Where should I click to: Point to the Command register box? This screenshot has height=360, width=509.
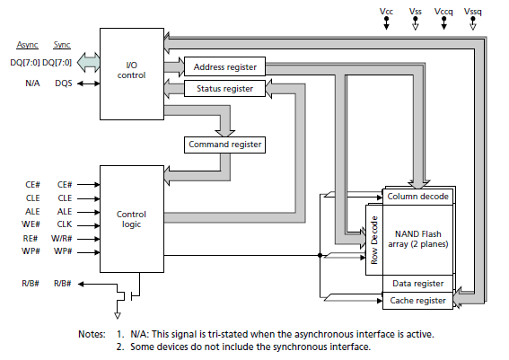[x=225, y=144]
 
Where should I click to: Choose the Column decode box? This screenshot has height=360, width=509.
[x=418, y=195]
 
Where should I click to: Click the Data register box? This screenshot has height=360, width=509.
[x=418, y=282]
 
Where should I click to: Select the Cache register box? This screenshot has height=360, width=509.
[x=418, y=300]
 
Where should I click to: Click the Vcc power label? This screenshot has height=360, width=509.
[x=387, y=11]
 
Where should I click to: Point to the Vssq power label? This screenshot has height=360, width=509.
[x=472, y=11]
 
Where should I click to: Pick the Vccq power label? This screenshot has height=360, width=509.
[x=443, y=11]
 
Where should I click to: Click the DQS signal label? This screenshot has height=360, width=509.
[x=64, y=83]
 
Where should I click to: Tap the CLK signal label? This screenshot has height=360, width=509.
[x=64, y=224]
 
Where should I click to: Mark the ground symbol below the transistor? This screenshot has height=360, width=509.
[x=116, y=315]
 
